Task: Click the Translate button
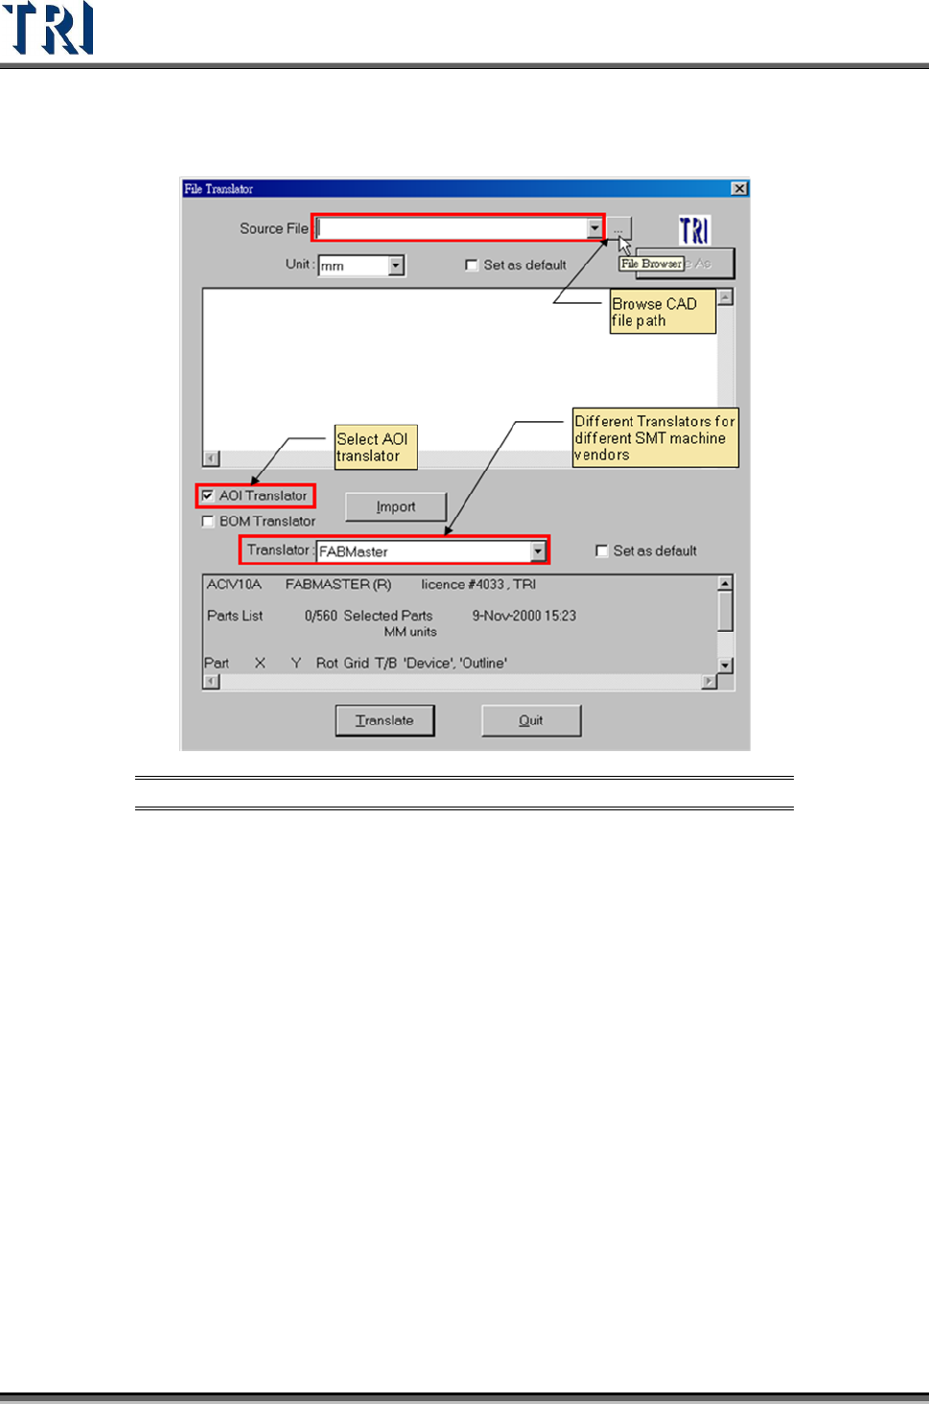click(x=384, y=720)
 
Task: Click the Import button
click(x=396, y=506)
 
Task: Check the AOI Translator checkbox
click(x=208, y=496)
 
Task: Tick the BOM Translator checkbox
click(x=208, y=522)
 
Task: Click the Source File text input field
click(x=451, y=228)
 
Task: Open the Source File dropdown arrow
click(x=595, y=228)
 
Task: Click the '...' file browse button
click(x=618, y=228)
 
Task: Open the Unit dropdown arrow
click(x=396, y=266)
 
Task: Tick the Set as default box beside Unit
click(x=472, y=266)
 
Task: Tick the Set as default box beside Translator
click(x=602, y=550)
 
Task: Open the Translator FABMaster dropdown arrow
click(x=538, y=551)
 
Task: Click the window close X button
click(x=739, y=189)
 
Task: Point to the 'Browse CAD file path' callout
click(x=662, y=312)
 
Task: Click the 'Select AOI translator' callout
click(x=376, y=447)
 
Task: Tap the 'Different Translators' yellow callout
click(x=655, y=437)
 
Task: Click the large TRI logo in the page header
click(x=49, y=28)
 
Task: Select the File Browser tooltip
click(x=652, y=264)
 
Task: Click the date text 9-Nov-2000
click(x=523, y=616)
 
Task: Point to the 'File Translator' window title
click(x=219, y=189)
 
